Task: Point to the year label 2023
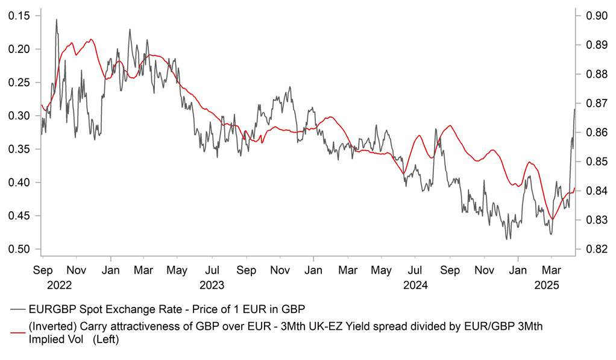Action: point(212,285)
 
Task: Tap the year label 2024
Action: point(416,285)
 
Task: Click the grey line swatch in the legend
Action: point(18,309)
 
